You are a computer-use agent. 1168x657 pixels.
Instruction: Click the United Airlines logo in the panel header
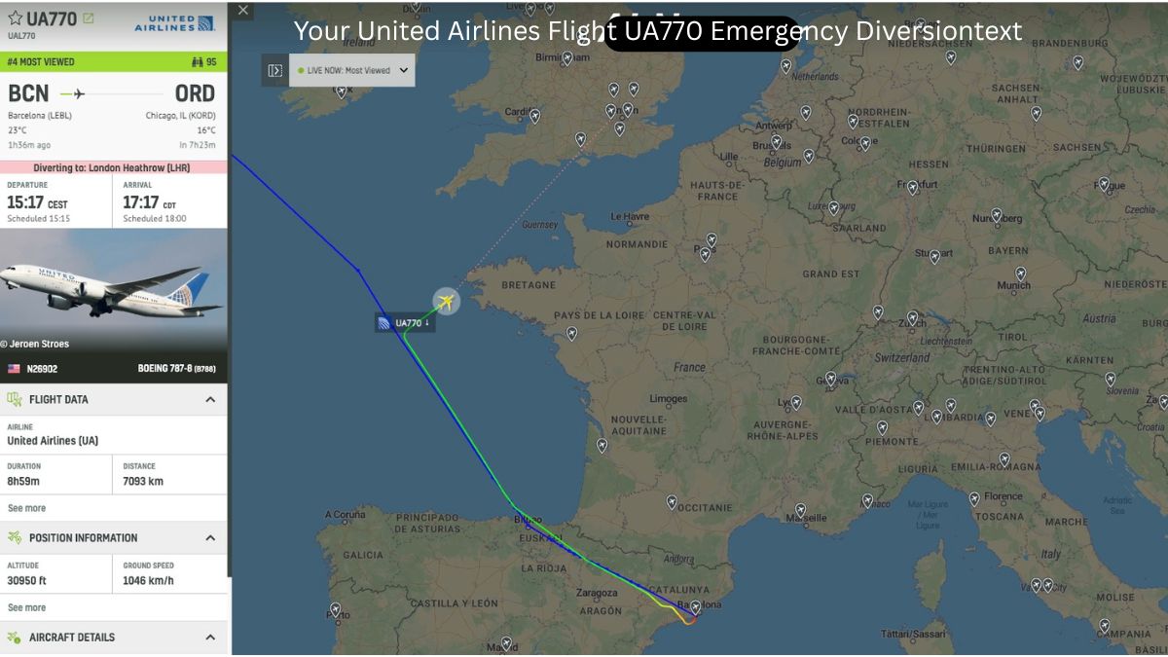175,21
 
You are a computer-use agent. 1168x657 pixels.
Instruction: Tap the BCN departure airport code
28,93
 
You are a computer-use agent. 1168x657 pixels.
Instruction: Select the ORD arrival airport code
195,93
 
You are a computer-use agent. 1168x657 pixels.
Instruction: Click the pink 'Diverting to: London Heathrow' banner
114,167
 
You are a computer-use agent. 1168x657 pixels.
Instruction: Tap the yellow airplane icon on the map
446,302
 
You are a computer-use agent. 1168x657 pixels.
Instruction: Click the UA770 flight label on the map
405,323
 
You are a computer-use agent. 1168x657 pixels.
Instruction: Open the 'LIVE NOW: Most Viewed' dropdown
352,70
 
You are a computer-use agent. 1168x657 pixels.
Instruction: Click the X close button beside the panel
243,11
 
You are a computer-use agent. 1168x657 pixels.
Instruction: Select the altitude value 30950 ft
27,581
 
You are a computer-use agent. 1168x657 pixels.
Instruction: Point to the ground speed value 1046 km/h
148,581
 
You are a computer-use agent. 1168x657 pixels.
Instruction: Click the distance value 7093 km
143,481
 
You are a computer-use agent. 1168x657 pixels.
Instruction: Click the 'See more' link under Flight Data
27,508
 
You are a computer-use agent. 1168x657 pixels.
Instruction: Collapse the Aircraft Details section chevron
210,638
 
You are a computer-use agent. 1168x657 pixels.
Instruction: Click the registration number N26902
43,370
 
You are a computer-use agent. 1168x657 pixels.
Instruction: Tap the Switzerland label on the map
901,358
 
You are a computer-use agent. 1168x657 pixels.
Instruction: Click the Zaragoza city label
596,591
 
